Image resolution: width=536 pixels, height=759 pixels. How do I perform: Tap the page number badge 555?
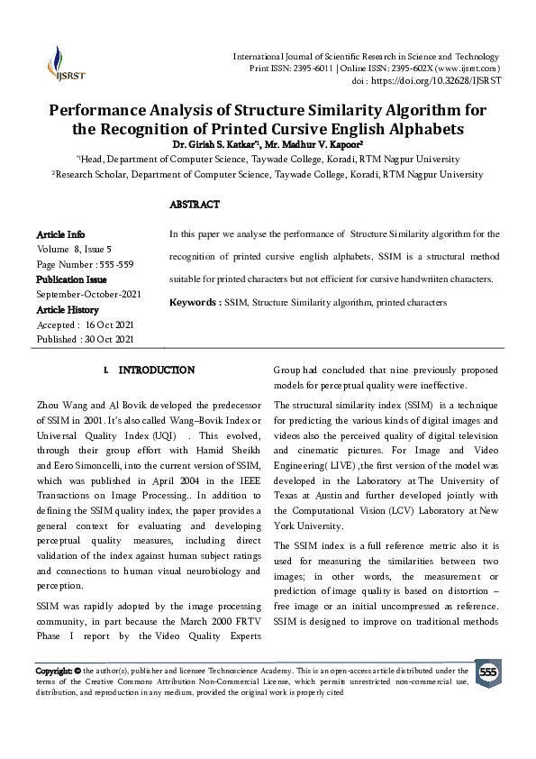pyautogui.click(x=487, y=673)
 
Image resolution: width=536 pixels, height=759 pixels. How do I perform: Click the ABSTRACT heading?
pyautogui.click(x=195, y=205)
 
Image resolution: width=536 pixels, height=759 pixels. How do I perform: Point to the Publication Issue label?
pyautogui.click(x=71, y=279)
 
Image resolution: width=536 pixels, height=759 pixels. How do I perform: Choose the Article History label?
pyautogui.click(x=69, y=309)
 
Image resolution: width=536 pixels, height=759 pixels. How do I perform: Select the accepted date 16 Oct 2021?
pyautogui.click(x=110, y=325)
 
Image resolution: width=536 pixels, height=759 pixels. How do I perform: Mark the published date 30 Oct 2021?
pyautogui.click(x=110, y=340)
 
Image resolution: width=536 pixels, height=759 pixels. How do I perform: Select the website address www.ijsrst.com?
pyautogui.click(x=468, y=69)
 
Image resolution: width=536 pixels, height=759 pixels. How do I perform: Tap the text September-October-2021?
pyautogui.click(x=87, y=295)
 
